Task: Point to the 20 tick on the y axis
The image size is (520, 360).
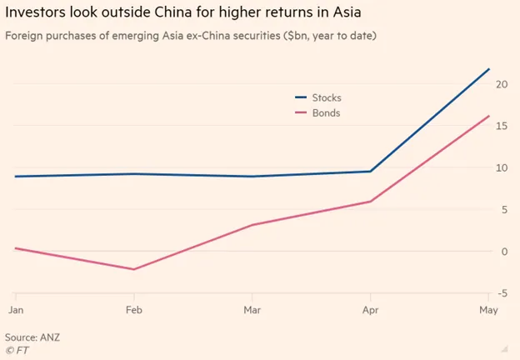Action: point(502,84)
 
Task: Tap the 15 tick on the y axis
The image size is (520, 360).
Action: point(502,126)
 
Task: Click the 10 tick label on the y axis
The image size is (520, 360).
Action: point(502,167)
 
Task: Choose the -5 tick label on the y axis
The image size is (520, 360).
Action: point(502,292)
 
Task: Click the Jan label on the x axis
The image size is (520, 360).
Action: point(15,310)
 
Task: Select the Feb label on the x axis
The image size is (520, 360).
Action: point(134,310)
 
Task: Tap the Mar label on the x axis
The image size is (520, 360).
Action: point(252,310)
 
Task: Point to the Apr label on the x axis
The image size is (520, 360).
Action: point(370,310)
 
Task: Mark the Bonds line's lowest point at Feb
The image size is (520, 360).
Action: point(134,269)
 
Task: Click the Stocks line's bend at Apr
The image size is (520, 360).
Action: point(370,172)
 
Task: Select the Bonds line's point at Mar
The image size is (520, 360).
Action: point(252,225)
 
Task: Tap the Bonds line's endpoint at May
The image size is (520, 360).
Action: point(488,116)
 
